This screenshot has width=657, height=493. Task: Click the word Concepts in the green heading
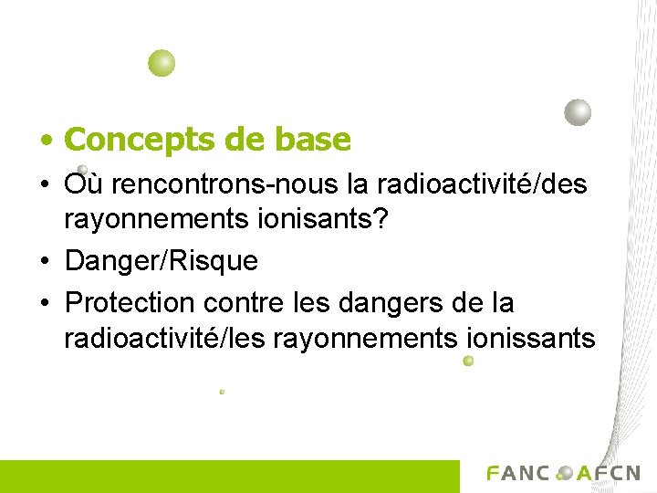click(136, 140)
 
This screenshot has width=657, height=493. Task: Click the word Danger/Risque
click(162, 262)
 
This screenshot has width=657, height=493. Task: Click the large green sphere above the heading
click(162, 63)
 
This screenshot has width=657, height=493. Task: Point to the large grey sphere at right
click(578, 112)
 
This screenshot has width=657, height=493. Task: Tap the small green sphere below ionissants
click(468, 362)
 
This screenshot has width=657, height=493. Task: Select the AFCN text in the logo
click(609, 473)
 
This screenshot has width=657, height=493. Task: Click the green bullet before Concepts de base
click(45, 142)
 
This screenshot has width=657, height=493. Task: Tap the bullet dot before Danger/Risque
click(45, 263)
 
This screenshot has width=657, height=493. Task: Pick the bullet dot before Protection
click(45, 302)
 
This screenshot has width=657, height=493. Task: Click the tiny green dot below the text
click(222, 392)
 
